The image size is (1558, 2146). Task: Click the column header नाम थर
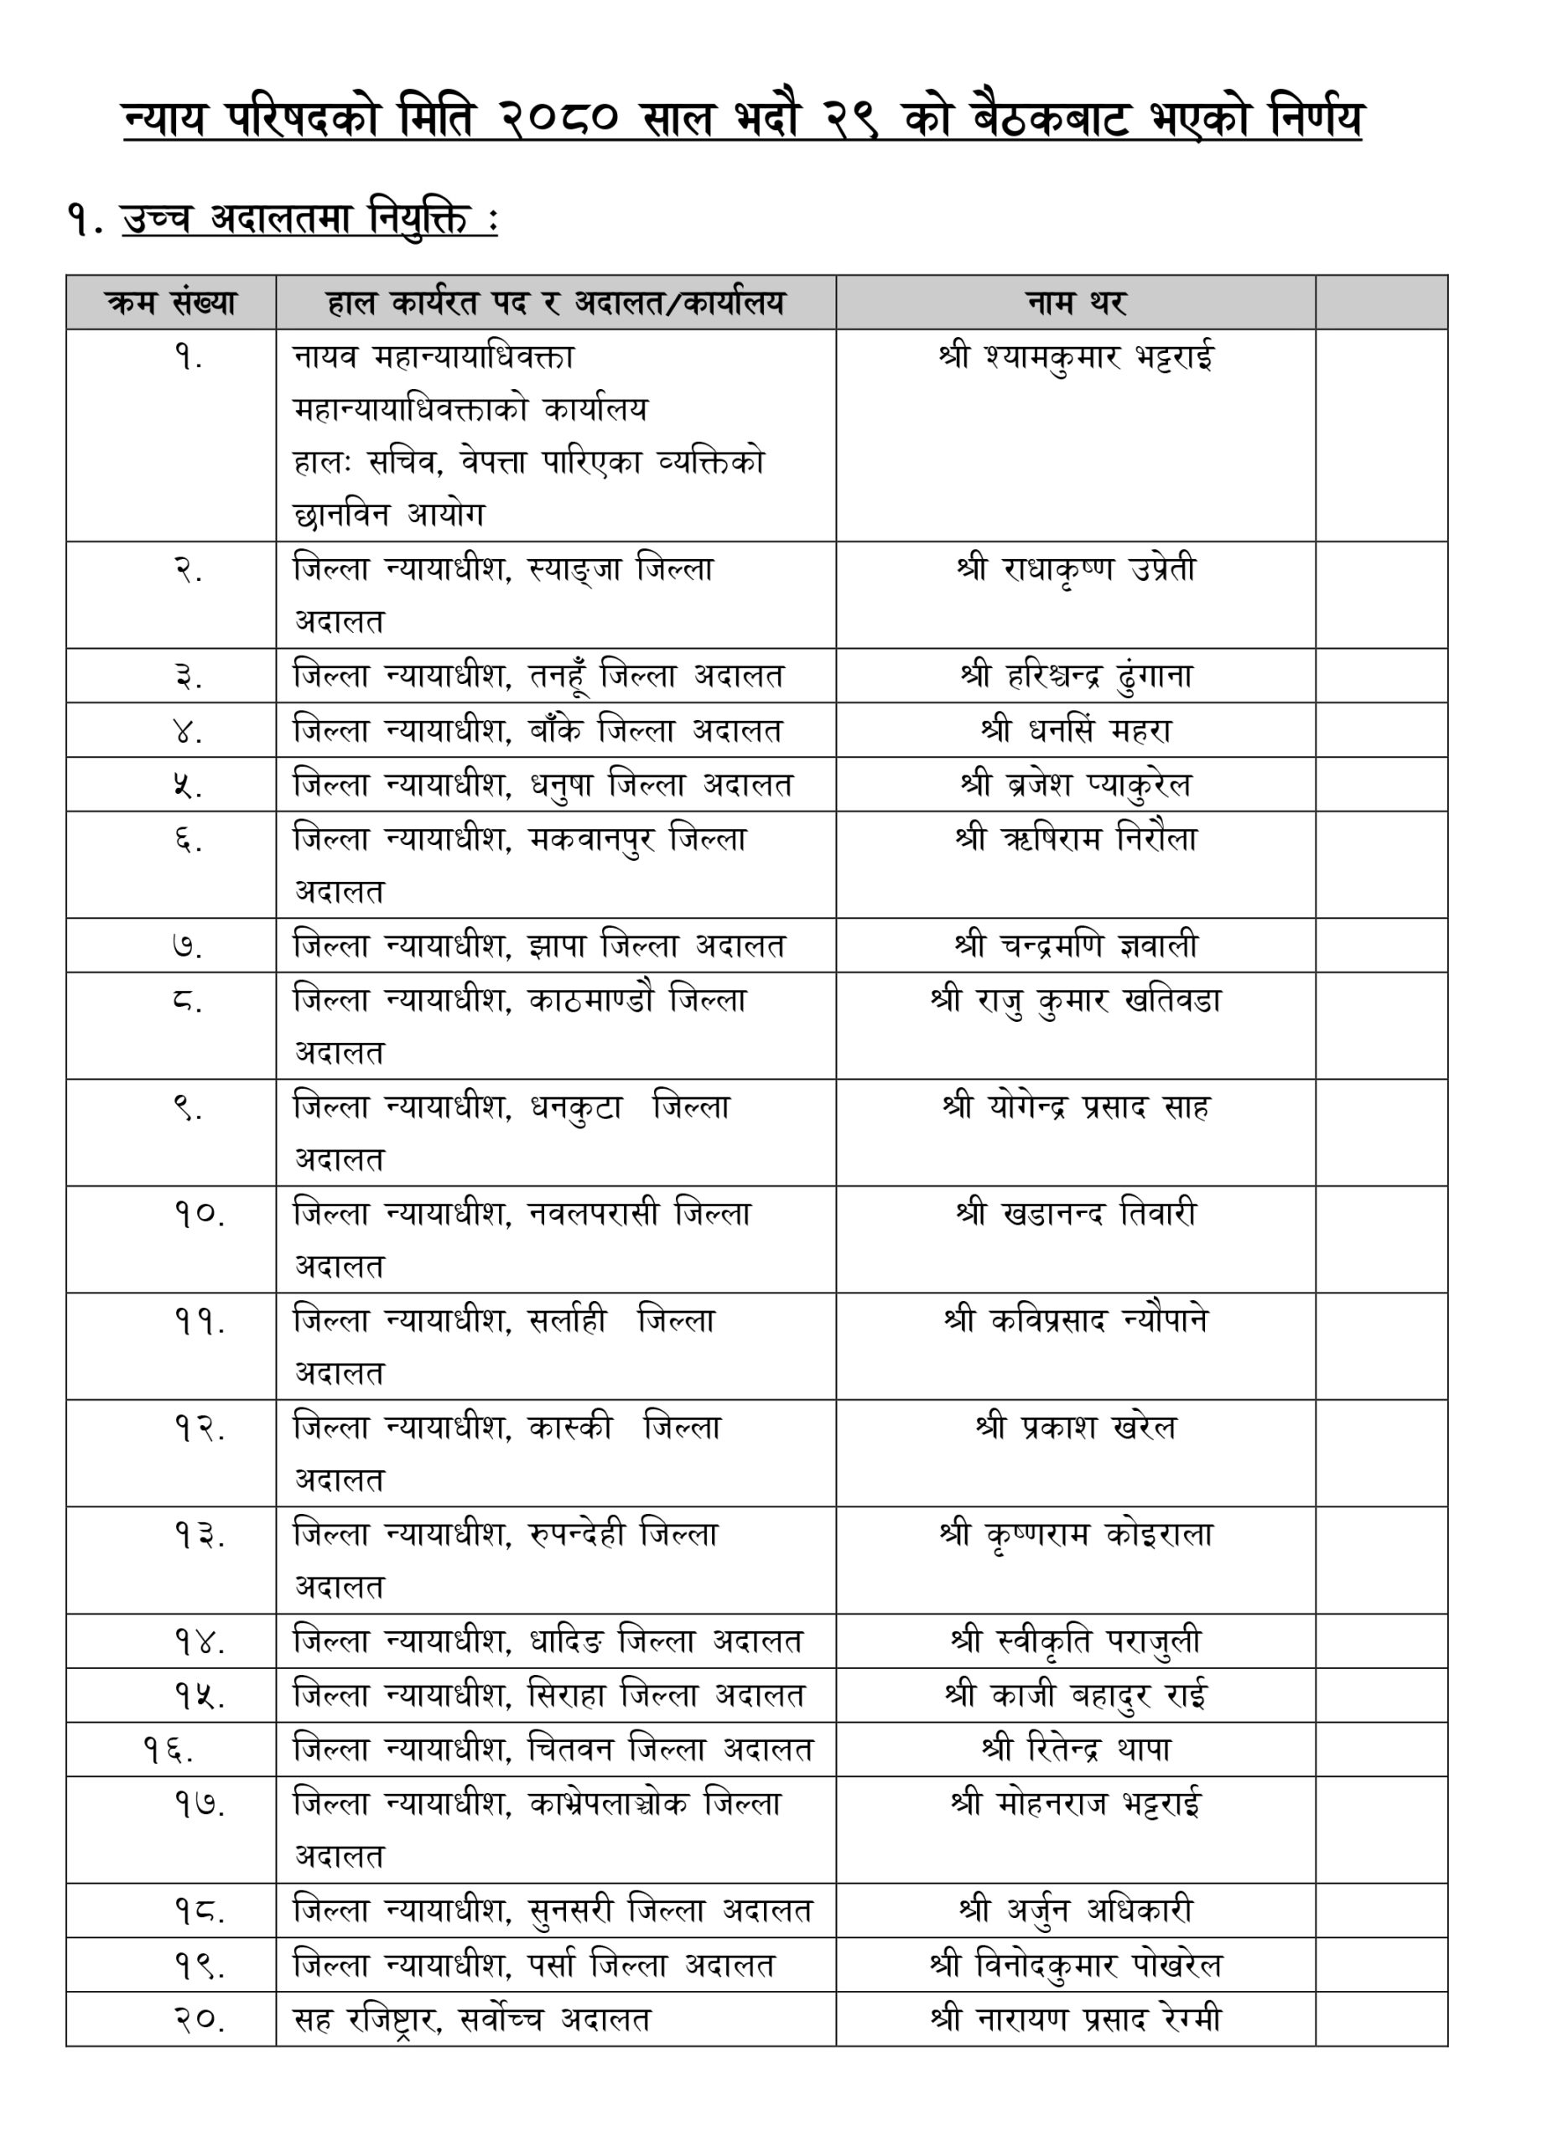pos(1075,303)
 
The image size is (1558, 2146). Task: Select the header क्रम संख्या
pos(171,303)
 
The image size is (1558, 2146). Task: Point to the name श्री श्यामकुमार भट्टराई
pos(1075,358)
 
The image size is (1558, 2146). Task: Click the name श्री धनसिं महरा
pos(1075,730)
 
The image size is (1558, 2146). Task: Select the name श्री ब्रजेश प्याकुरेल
pos(1075,785)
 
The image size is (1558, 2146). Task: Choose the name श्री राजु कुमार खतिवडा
pos(1075,1000)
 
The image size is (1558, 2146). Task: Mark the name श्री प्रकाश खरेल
pos(1075,1427)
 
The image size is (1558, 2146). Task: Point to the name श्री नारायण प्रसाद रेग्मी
pos(1075,2019)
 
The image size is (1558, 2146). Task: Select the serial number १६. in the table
pos(169,1751)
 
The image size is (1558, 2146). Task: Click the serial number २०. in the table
pos(199,2021)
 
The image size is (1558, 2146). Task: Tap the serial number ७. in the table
pos(188,946)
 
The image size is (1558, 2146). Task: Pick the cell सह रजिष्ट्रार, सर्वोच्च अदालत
pos(471,2020)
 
